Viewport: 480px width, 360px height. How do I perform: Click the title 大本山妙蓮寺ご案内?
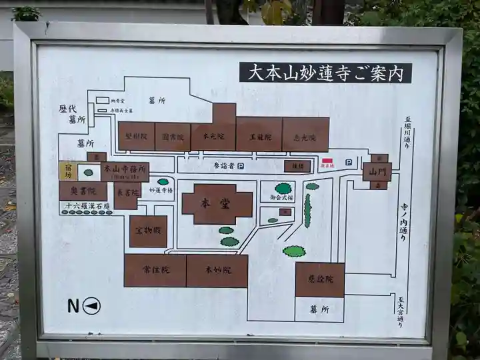click(325, 73)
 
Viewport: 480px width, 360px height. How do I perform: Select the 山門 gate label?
click(377, 171)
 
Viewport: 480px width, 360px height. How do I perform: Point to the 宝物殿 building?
click(148, 231)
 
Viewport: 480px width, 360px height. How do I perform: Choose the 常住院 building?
click(155, 271)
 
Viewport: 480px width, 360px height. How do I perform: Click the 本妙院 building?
click(217, 271)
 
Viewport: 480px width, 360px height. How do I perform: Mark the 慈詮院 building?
click(319, 279)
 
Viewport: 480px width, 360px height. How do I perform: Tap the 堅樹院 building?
click(137, 136)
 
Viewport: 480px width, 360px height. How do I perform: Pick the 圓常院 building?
click(173, 136)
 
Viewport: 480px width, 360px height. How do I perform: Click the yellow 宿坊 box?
click(67, 171)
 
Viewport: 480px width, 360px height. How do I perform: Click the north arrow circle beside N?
click(92, 306)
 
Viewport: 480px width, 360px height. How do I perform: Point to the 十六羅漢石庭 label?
click(86, 207)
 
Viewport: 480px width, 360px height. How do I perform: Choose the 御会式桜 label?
click(281, 197)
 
